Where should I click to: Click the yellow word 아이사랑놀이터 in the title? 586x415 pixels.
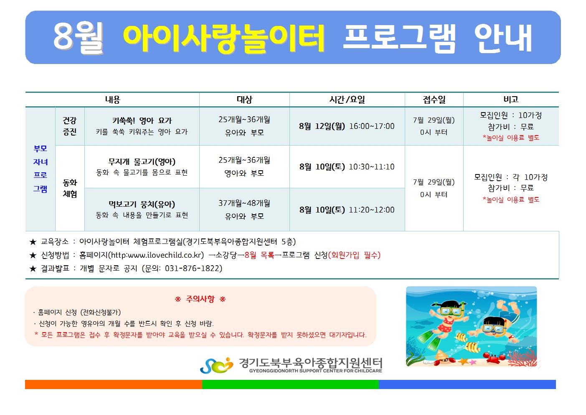(x=224, y=38)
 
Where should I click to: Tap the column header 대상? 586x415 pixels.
(x=244, y=100)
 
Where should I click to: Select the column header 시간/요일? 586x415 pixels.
(x=347, y=100)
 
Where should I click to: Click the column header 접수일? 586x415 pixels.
(x=434, y=100)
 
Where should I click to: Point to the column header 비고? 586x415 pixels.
(x=511, y=99)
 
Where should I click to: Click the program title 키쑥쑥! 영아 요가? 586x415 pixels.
(x=142, y=120)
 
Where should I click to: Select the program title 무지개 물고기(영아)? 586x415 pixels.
(x=142, y=161)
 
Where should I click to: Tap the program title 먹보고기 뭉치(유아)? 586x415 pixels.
(x=142, y=204)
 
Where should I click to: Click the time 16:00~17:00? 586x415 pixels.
(x=372, y=126)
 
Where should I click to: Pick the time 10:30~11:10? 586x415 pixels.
(x=372, y=167)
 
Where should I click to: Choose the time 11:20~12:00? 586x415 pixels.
(x=372, y=210)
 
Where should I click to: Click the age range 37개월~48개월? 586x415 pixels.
(x=244, y=203)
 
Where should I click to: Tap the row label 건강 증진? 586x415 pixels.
(x=70, y=126)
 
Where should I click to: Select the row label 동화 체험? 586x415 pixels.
(x=70, y=188)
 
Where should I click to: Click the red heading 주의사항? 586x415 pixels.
(x=200, y=299)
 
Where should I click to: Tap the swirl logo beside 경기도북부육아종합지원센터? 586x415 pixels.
(x=216, y=365)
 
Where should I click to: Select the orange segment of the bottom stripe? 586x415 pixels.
(x=114, y=384)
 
